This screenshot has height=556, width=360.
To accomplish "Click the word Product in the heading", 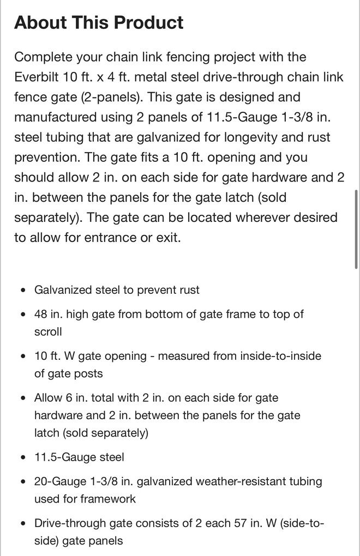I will (147, 23).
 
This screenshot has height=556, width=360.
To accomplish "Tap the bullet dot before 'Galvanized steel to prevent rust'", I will (22, 291).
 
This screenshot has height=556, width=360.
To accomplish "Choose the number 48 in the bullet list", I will (41, 314).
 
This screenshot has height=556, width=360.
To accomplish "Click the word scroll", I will (49, 331).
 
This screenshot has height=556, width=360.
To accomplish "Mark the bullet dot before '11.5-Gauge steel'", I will (22, 458).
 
